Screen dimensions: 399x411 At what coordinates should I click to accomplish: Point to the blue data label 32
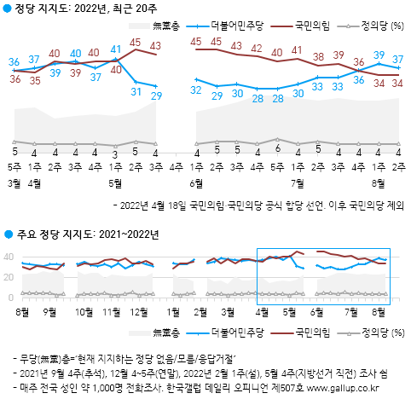(x=197, y=90)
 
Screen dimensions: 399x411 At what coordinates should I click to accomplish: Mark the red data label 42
(x=257, y=49)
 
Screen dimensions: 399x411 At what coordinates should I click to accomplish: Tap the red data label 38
(x=317, y=57)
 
